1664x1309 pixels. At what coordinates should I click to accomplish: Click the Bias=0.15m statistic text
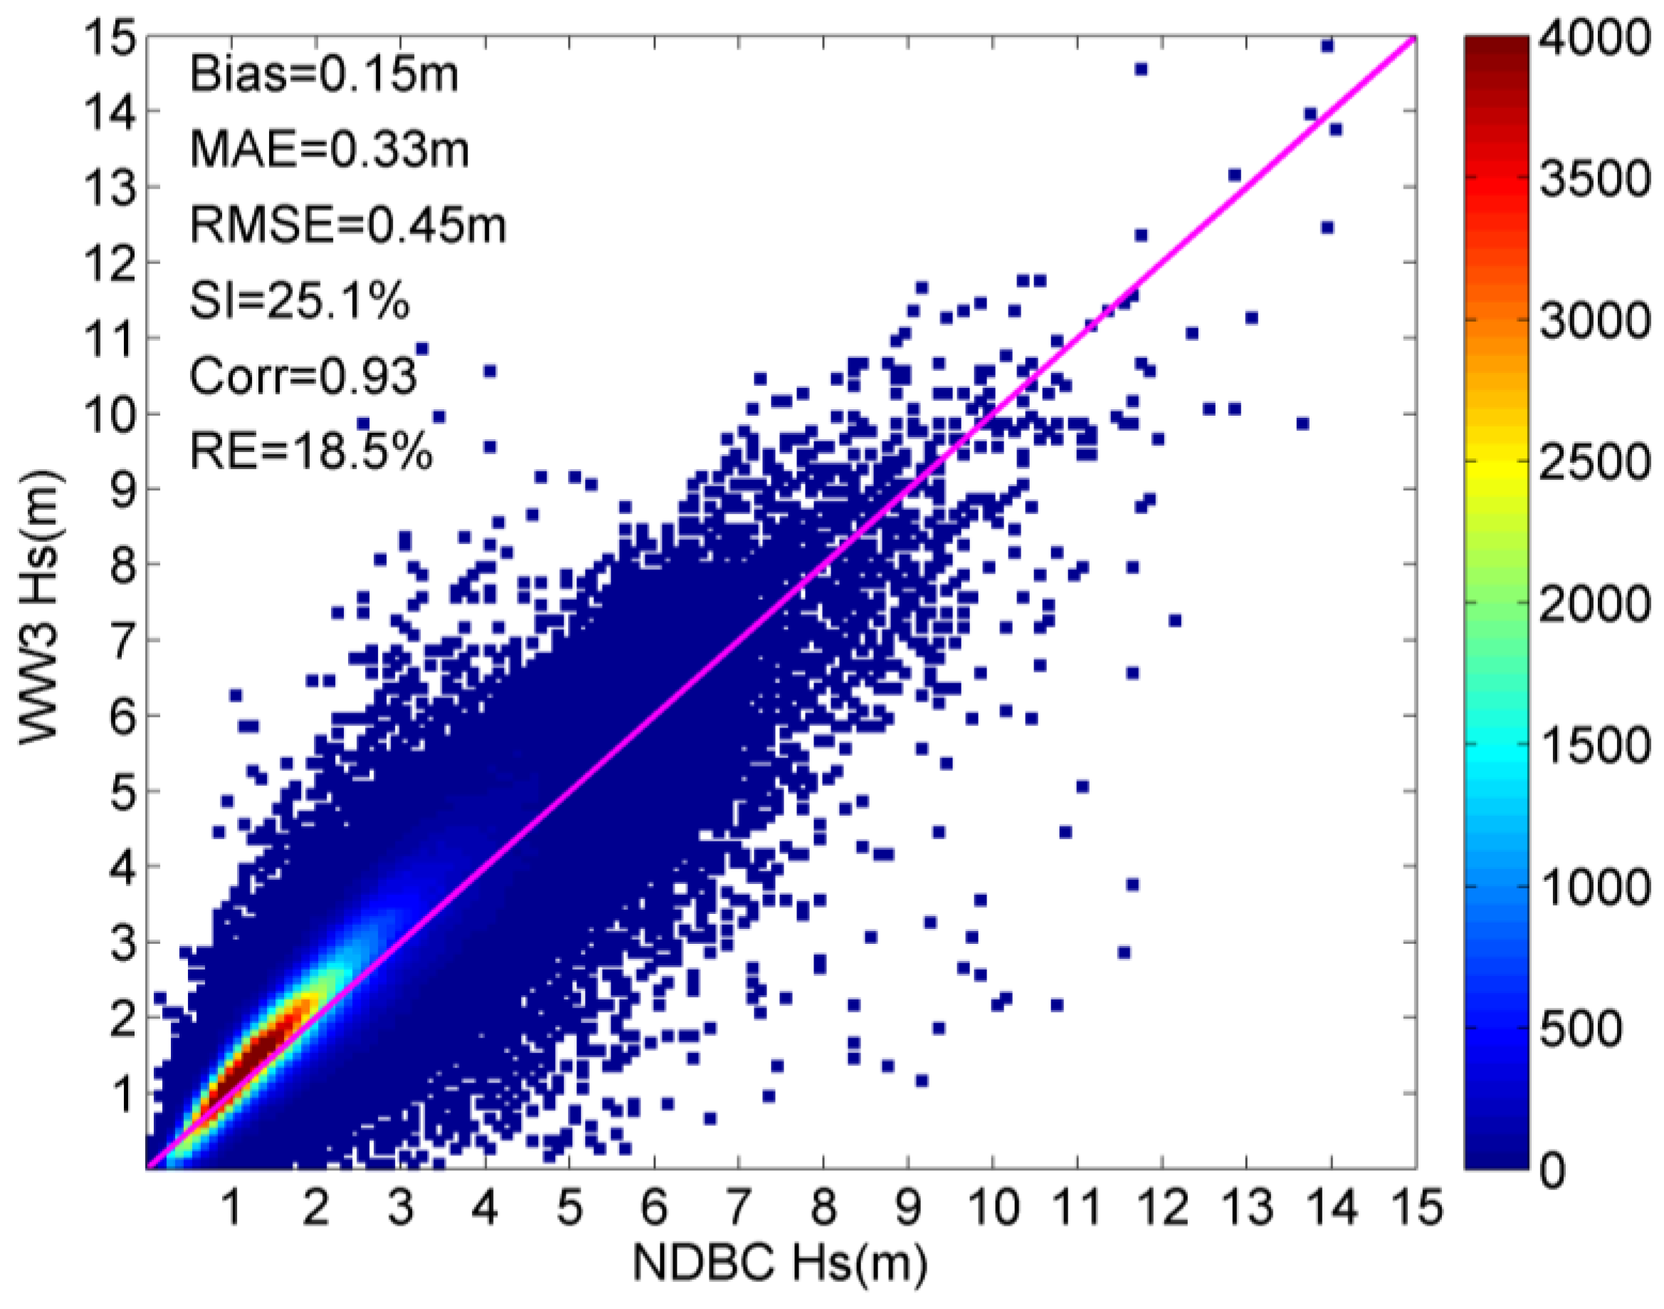(323, 75)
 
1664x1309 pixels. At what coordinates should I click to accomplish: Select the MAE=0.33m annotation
(329, 149)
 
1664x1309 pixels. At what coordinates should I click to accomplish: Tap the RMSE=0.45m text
(348, 226)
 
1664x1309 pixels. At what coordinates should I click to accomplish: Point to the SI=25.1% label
(299, 301)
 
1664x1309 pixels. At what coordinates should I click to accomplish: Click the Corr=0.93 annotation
(302, 377)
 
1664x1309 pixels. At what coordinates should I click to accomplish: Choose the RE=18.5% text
(310, 451)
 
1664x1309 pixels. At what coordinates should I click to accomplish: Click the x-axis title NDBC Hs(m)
(779, 1262)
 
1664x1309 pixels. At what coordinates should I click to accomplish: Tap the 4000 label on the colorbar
(1594, 37)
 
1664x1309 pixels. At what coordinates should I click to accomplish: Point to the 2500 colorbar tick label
(1594, 461)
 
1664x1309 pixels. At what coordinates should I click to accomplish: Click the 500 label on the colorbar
(1580, 1027)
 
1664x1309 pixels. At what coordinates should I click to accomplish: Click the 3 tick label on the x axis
(400, 1207)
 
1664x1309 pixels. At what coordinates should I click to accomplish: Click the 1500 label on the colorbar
(1594, 745)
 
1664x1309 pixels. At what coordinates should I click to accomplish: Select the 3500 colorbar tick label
(1594, 179)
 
